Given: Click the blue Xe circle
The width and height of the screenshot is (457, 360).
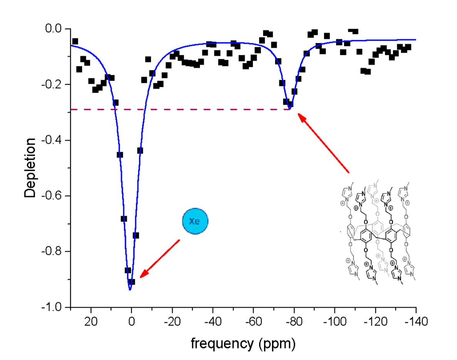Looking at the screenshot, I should (195, 221).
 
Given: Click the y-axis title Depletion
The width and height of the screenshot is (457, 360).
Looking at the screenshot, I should (30, 168).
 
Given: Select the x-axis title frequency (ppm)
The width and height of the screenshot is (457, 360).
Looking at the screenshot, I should (243, 343).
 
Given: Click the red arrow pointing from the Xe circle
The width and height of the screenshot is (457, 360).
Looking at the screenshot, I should (160, 258).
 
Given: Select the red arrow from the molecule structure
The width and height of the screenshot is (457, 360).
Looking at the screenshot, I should (324, 143).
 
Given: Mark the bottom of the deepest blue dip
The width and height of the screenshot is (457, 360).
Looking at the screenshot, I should (130, 289).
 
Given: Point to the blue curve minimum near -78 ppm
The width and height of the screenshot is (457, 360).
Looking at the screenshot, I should (290, 109).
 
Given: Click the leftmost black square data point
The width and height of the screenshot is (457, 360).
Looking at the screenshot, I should (75, 41).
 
